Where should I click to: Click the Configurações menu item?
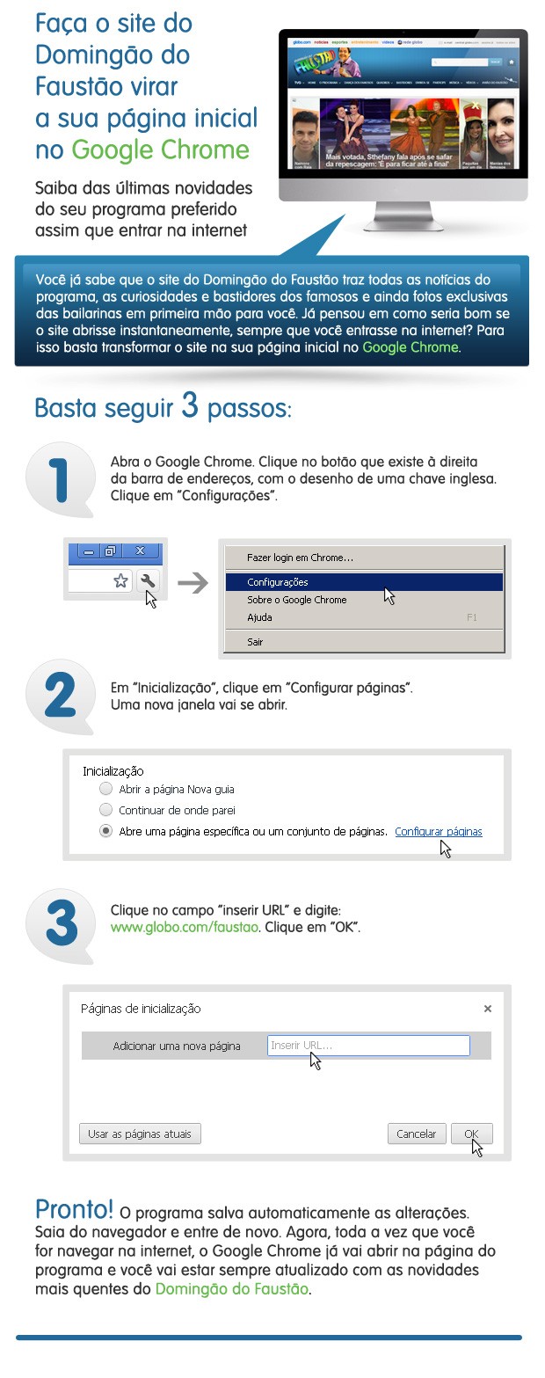tap(278, 582)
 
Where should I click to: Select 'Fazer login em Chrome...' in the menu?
tap(300, 558)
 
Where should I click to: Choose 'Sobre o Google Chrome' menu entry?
tap(296, 600)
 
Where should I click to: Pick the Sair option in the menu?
tap(255, 642)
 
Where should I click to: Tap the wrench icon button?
tap(148, 580)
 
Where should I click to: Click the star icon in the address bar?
tap(121, 580)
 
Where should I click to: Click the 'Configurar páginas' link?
tap(439, 831)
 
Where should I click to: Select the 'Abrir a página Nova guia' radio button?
tap(106, 789)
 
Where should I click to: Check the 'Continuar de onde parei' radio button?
tap(106, 810)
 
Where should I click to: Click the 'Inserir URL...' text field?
tap(368, 1046)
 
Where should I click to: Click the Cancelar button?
tap(417, 1134)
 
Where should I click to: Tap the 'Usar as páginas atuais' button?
tap(140, 1134)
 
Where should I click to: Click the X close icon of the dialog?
tap(488, 1009)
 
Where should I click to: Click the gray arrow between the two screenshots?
tap(193, 582)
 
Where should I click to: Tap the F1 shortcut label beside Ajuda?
tap(472, 617)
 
